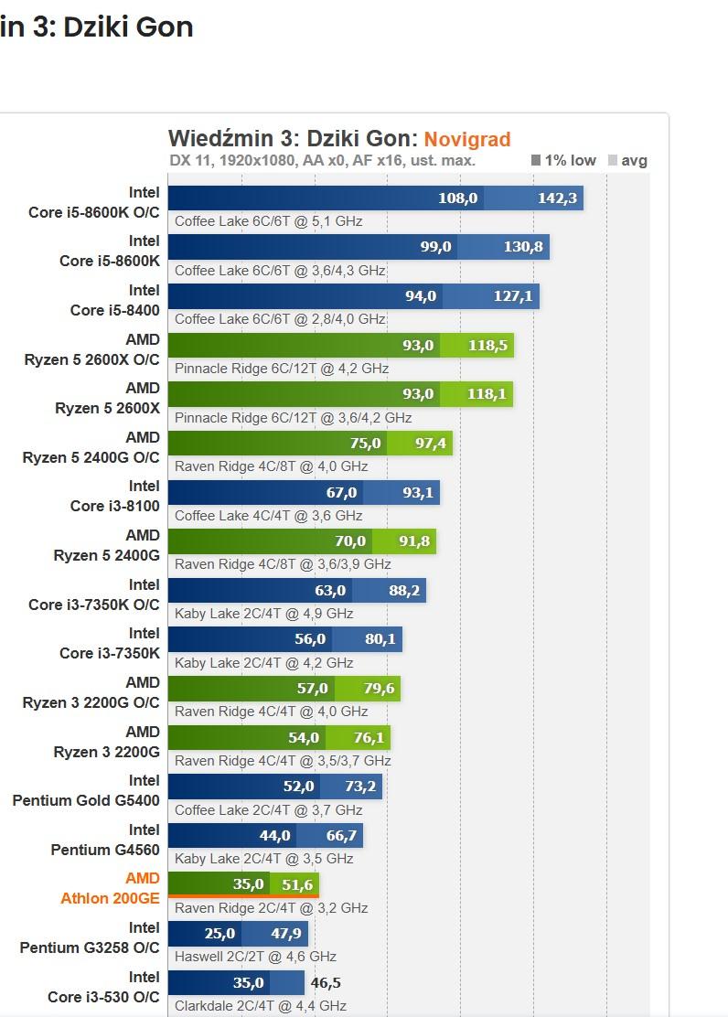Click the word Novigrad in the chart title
(x=466, y=139)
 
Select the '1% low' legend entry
(x=563, y=161)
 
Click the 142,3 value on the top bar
(x=557, y=198)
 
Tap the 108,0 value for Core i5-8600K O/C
(x=457, y=198)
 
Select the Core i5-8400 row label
(x=114, y=310)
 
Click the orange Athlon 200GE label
(x=110, y=898)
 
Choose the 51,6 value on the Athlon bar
(x=296, y=884)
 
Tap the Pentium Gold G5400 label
(x=86, y=800)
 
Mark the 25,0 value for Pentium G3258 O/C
(x=219, y=934)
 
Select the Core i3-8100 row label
(x=109, y=506)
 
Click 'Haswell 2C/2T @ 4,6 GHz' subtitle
(x=255, y=957)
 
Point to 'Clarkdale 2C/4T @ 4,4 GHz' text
(x=260, y=1006)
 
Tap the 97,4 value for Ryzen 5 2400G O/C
(x=424, y=444)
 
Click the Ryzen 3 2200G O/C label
(x=91, y=702)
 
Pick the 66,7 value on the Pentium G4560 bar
(x=341, y=836)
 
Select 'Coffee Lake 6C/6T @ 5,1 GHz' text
(x=268, y=221)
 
